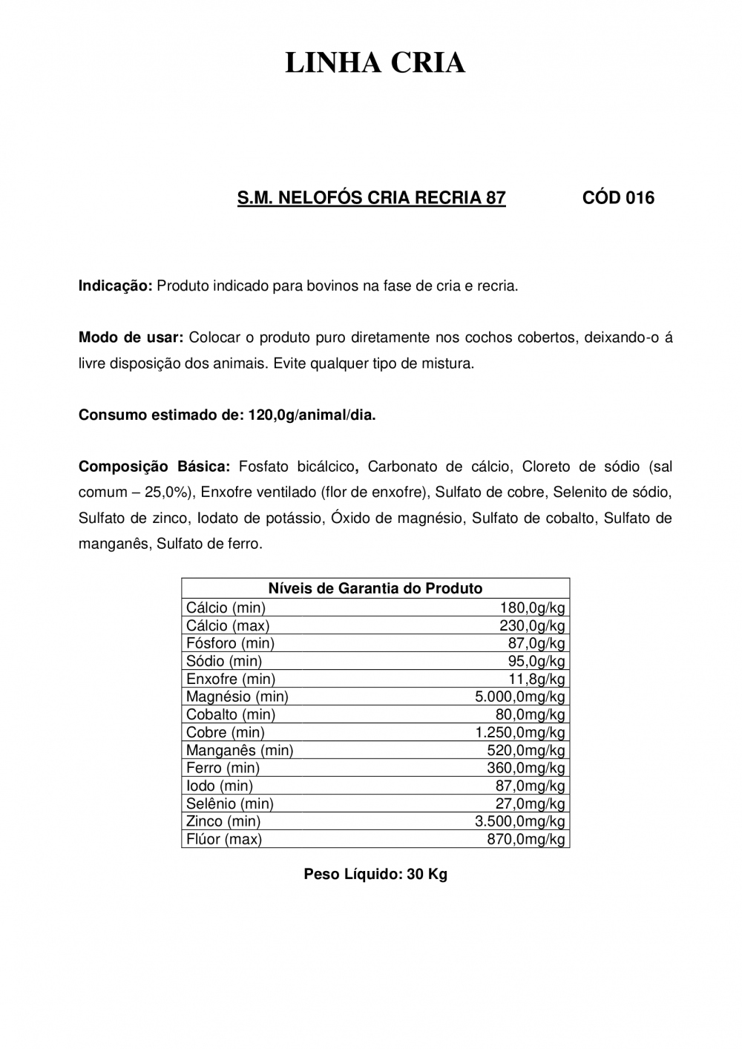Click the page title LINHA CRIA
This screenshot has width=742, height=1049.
point(375,64)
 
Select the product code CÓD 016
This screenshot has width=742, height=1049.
point(619,198)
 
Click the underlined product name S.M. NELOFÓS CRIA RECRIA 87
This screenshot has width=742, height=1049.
point(371,198)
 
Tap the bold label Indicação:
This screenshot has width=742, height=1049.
point(115,286)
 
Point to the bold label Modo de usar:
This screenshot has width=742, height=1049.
point(131,338)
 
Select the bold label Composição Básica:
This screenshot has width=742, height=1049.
point(154,467)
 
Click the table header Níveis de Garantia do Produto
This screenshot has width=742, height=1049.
point(375,588)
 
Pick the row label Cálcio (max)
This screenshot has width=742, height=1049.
point(228,625)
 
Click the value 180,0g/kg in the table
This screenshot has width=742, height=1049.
point(532,608)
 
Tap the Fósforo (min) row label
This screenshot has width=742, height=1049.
point(230,643)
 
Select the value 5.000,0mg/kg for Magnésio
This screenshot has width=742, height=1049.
point(519,697)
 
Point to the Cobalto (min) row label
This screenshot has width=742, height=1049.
point(231,714)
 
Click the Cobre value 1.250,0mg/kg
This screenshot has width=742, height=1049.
point(519,732)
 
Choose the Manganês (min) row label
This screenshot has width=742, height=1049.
point(240,750)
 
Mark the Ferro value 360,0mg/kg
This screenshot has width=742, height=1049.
point(525,768)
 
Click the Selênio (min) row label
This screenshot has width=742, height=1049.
point(230,803)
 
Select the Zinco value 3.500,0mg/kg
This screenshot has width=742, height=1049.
point(519,821)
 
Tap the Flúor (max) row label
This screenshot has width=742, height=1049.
point(224,839)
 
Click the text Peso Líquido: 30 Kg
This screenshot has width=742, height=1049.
point(375,875)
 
